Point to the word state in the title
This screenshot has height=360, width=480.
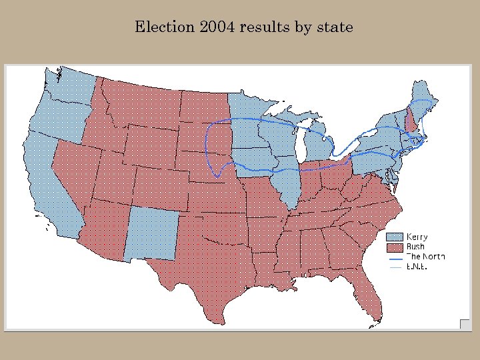tap(333, 27)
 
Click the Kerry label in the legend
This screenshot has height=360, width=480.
tap(417, 237)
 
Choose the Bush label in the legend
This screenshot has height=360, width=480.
tap(415, 247)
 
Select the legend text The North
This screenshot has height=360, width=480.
tap(425, 257)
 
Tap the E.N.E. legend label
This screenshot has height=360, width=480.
tap(417, 267)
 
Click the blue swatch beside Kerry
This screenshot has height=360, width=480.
tap(396, 237)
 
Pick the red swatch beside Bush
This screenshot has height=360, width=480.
tap(396, 247)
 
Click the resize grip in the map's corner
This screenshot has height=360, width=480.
tap(465, 324)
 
